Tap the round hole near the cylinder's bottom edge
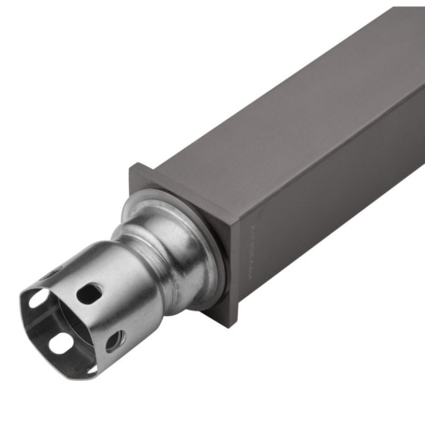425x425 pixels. click(114, 338)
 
